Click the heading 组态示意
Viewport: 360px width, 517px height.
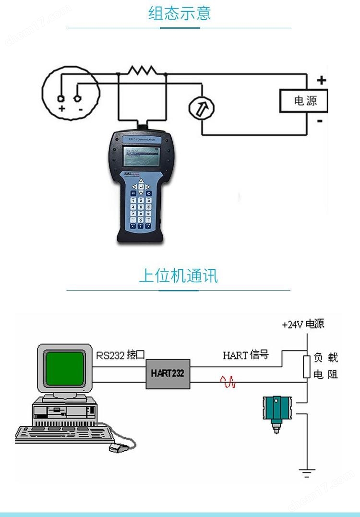coord(180,13)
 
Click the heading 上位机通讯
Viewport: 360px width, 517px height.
coord(178,276)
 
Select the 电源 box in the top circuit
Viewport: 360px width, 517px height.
coord(305,101)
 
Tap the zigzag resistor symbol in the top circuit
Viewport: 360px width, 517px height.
coord(142,71)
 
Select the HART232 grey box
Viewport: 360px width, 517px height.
coord(168,373)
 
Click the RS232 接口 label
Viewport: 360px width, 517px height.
coord(120,355)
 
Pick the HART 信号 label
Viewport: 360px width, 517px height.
coord(245,355)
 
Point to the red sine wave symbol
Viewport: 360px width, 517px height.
coord(228,382)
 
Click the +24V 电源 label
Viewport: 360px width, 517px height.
coord(303,324)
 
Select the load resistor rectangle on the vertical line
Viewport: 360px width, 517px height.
coord(307,367)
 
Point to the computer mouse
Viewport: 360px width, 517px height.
coord(117,448)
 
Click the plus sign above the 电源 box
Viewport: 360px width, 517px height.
coord(321,81)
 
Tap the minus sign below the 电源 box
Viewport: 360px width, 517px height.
coord(320,121)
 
